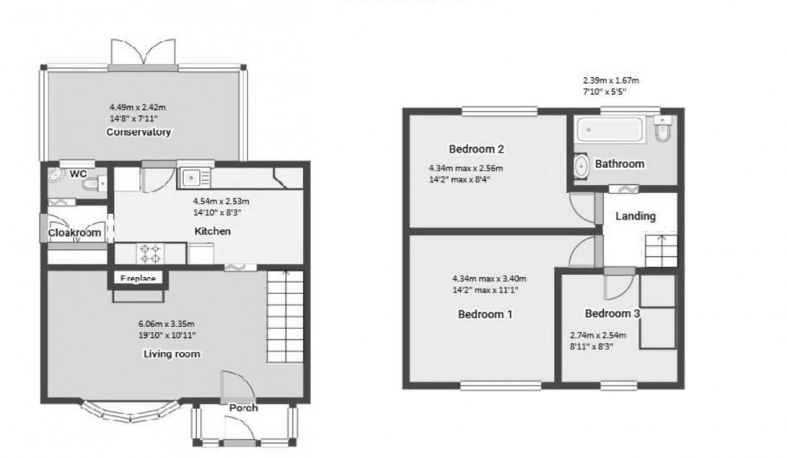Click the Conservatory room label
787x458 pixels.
tap(140, 132)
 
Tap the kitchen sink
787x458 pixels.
tap(195, 177)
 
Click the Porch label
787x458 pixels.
tap(243, 407)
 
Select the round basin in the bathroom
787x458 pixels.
tap(581, 165)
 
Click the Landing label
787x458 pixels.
tap(635, 216)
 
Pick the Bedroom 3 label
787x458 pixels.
tap(612, 313)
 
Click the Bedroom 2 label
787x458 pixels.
tap(476, 149)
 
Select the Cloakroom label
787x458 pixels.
tap(75, 233)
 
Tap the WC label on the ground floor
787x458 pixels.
tap(78, 174)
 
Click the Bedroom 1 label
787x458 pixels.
tap(485, 314)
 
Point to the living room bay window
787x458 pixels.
tap(132, 411)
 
